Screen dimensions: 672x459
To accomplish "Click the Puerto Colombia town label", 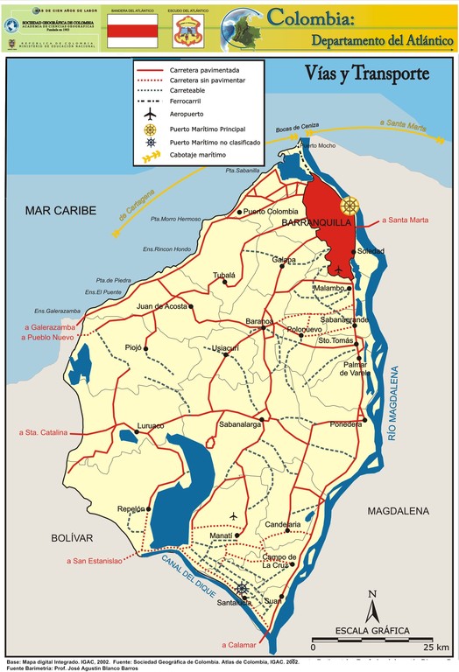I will click(271, 212).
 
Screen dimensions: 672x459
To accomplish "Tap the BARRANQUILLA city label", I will click(315, 224).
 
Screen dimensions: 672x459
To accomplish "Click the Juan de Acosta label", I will click(163, 306).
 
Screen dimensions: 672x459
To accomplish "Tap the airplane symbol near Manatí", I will click(234, 514).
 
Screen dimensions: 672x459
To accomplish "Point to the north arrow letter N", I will click(372, 594).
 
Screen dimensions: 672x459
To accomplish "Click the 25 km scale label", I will click(435, 647).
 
